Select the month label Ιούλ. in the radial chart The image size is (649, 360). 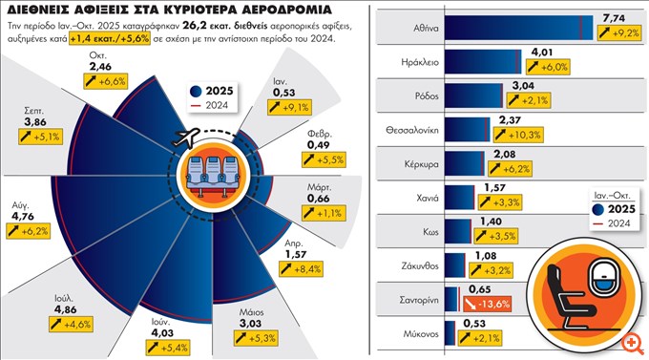(x=66, y=310)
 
